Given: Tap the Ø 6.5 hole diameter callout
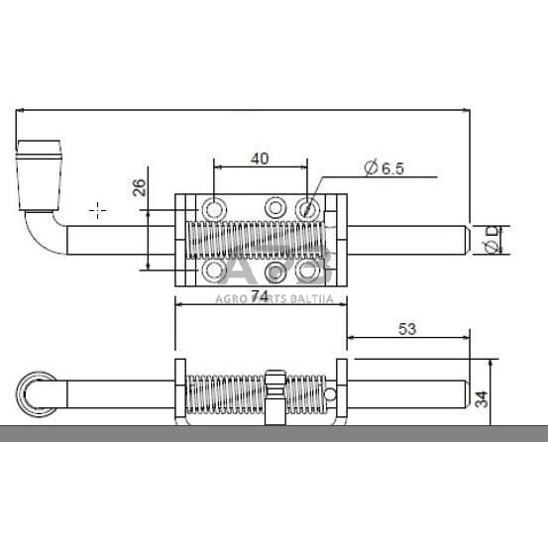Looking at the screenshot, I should click(x=384, y=169).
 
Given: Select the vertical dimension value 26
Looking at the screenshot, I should click(x=139, y=187).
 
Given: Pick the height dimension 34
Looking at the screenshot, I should click(x=483, y=398).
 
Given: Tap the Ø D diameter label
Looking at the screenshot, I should click(x=493, y=240).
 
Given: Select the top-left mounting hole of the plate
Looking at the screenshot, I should click(x=213, y=208).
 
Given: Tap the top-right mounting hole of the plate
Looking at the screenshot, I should click(x=309, y=208).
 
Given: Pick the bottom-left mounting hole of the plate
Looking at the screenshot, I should click(x=213, y=270).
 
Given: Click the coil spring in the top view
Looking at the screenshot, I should click(x=260, y=240).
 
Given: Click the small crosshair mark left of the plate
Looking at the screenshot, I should click(x=97, y=210).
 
